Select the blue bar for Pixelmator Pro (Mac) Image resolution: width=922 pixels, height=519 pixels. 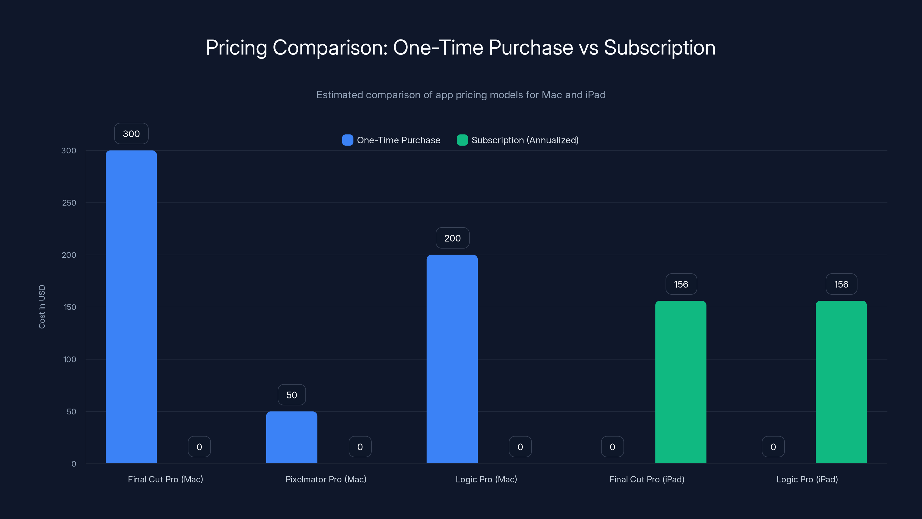point(291,437)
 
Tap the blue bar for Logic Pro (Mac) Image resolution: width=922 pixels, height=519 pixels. point(452,359)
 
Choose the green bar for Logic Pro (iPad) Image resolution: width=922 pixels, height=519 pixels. point(841,382)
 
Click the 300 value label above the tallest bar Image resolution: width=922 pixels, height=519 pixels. point(131,133)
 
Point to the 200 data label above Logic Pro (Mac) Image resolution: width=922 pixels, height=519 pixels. point(452,238)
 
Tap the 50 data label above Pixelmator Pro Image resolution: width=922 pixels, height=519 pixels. point(292,395)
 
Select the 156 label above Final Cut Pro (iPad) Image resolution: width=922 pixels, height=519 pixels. point(681,284)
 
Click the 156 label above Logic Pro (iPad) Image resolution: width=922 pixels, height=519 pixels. point(841,284)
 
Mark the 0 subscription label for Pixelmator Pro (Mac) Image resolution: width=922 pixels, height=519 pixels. point(360,447)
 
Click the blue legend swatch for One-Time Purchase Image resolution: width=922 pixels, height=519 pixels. point(347,140)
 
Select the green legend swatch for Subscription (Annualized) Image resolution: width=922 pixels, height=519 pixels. point(462,140)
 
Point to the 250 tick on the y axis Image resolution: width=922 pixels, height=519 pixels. point(69,203)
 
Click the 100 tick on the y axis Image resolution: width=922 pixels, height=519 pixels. point(69,359)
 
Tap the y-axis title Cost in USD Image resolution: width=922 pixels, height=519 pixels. point(42,306)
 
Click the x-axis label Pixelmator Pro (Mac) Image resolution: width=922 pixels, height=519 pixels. point(326,479)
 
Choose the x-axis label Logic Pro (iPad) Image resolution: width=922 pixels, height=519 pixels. point(807,479)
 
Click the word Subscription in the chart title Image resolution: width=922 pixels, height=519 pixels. point(660,48)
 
